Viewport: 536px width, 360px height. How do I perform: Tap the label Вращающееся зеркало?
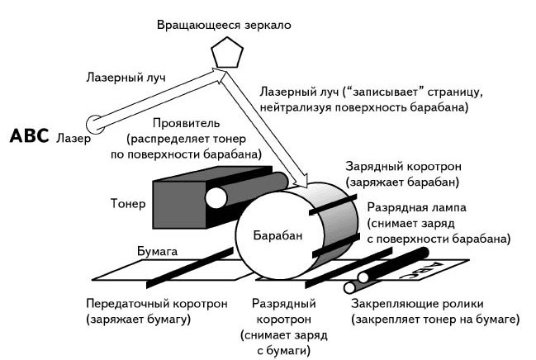click(224, 24)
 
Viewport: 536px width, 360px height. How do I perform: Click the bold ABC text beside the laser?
click(31, 135)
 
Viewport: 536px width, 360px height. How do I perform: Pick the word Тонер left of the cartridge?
click(128, 203)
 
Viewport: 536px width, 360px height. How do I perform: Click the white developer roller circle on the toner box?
click(216, 198)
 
